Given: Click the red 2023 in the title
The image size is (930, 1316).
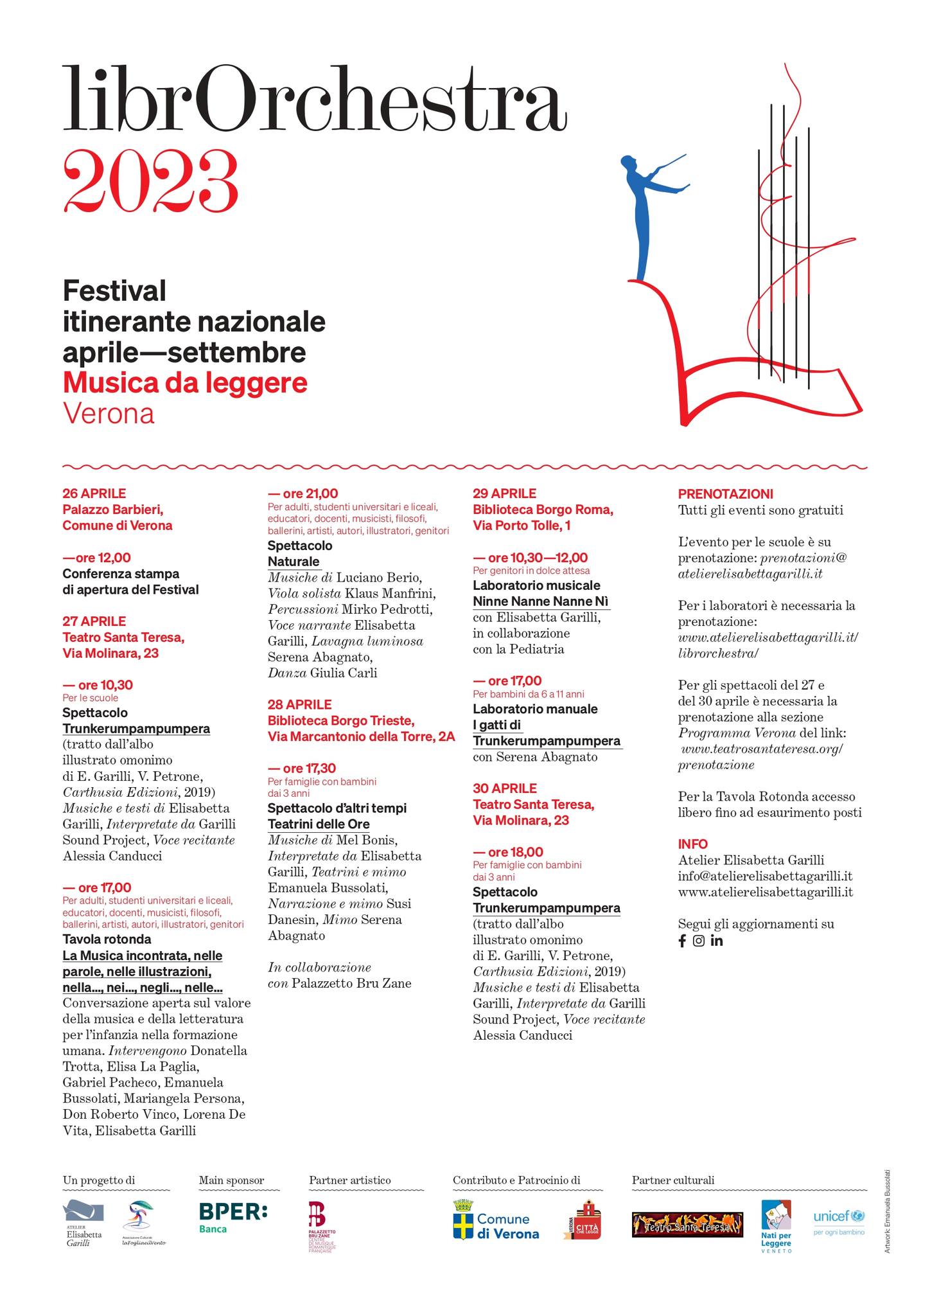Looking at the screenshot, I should [150, 181].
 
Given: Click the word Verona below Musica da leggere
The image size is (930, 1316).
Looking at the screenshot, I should [109, 414].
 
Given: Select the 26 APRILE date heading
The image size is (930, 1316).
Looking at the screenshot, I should [94, 493].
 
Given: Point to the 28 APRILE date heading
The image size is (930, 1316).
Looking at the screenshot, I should [300, 704].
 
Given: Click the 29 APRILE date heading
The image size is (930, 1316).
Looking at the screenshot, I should [504, 493].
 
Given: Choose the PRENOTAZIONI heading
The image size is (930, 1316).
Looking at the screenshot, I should [725, 494].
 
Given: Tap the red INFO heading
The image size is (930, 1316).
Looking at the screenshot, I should [692, 844].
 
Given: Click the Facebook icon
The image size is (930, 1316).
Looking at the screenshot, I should [682, 941].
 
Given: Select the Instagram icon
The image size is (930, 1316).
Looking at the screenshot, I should [699, 941].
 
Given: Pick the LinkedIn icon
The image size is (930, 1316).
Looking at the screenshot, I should [717, 941].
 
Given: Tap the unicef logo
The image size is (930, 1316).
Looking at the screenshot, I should [838, 1219].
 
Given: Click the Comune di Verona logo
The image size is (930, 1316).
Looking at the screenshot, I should [496, 1220].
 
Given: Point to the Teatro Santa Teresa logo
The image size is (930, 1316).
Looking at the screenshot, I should [687, 1224].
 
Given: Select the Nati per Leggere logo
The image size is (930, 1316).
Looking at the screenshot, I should [776, 1225].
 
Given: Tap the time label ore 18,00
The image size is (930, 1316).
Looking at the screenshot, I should [508, 852].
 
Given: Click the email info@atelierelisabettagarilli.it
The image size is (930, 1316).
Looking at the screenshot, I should [765, 876].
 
